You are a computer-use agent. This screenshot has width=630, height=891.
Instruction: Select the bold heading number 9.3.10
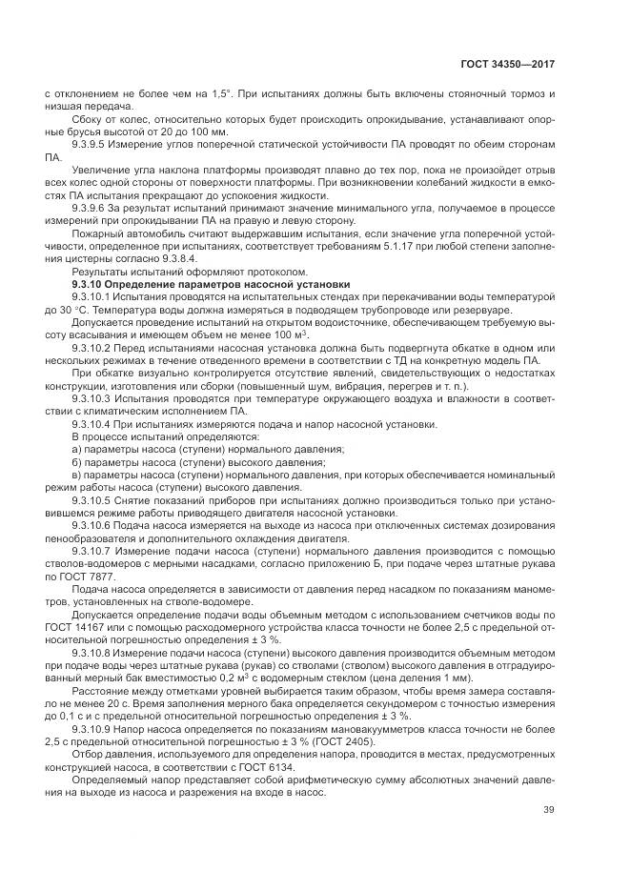(x=92, y=284)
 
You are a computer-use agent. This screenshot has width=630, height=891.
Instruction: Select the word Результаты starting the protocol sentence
(x=98, y=271)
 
